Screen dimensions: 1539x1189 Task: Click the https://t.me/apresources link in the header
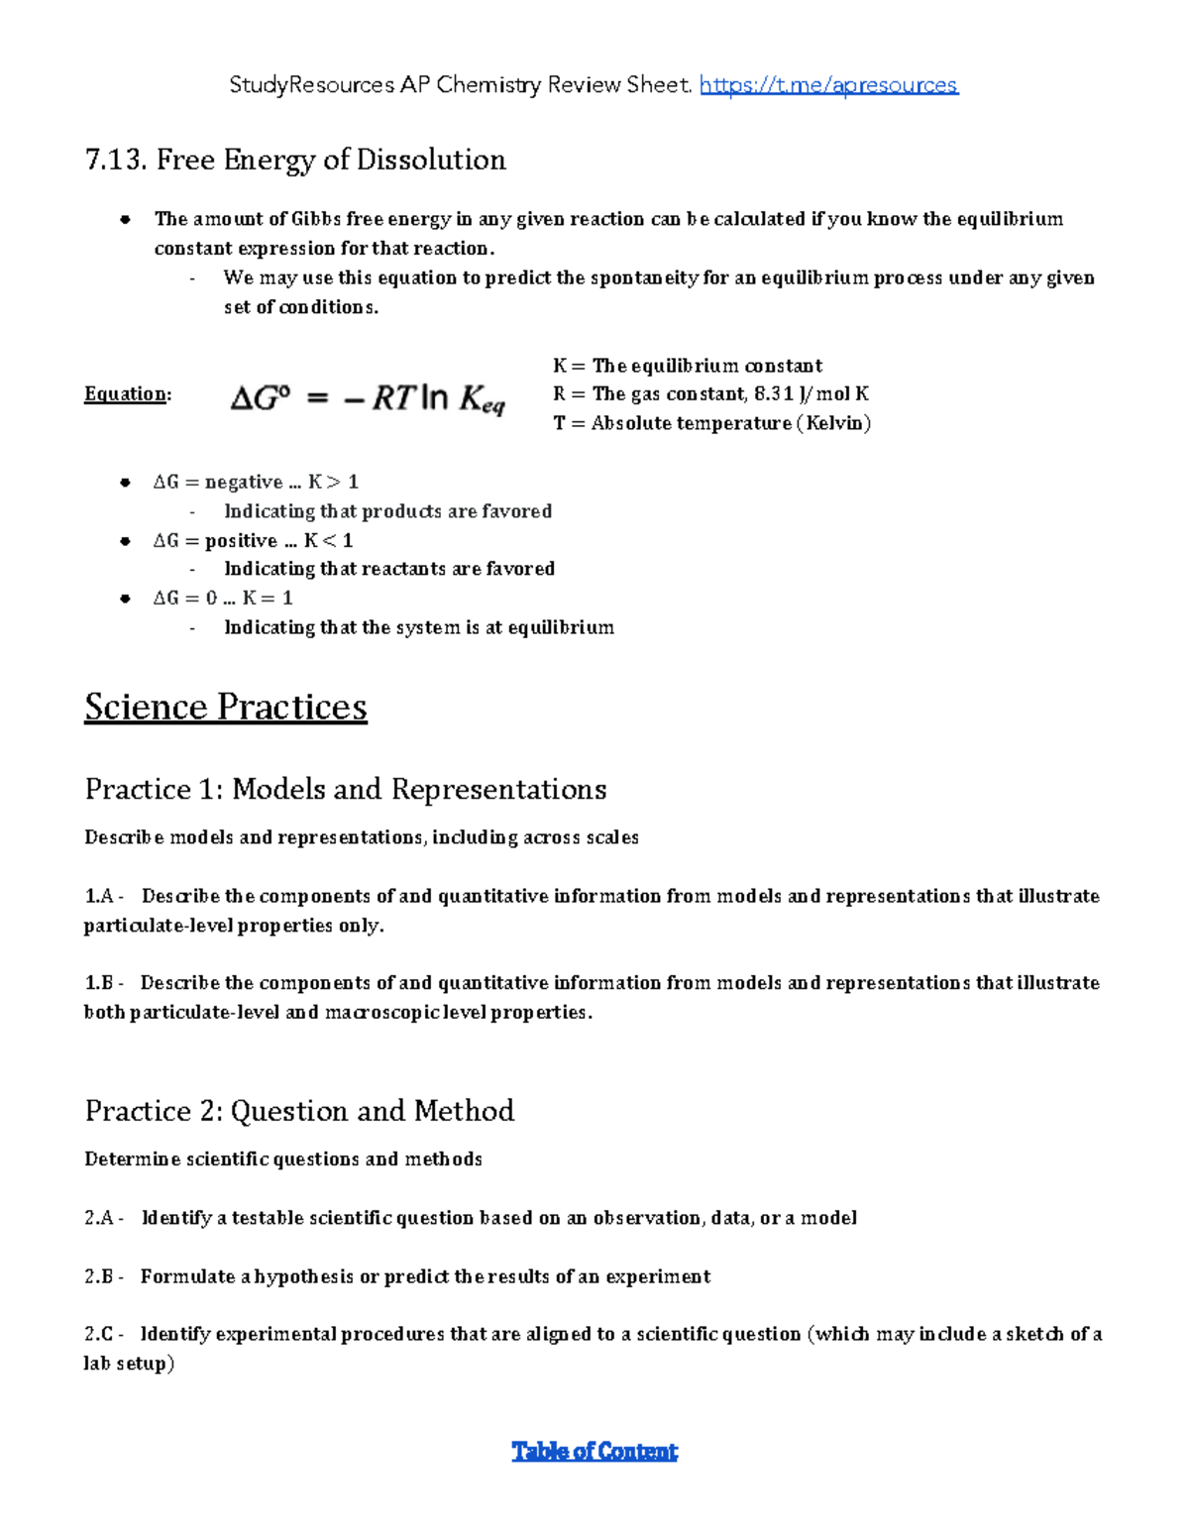[828, 85]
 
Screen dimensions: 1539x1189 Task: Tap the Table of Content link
[594, 1452]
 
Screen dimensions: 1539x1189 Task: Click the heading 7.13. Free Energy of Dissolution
[295, 160]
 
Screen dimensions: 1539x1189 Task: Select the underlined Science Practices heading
[226, 707]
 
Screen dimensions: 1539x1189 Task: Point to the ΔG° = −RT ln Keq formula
[368, 398]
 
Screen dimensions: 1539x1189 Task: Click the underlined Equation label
[126, 394]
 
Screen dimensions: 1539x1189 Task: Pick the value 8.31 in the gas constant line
[774, 394]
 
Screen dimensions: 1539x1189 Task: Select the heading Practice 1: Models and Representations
[346, 789]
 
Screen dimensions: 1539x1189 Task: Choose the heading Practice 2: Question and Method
[299, 1110]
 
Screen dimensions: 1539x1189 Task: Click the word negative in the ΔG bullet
[244, 483]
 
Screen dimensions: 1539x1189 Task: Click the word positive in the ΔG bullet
[241, 541]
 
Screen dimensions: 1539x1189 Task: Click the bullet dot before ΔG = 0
[125, 599]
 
